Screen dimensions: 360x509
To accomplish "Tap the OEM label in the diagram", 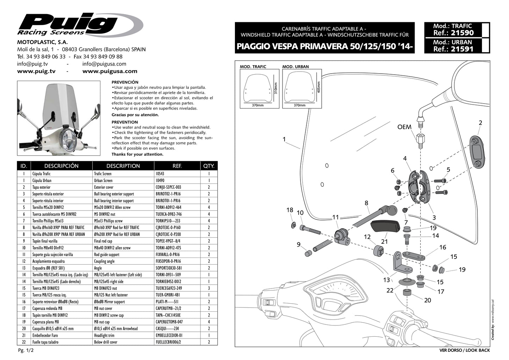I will (x=404, y=127).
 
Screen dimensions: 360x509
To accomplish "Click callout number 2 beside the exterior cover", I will (x=480, y=123).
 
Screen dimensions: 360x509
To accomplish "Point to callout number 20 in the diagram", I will (x=427, y=300).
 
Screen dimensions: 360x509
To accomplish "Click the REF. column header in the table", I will (x=177, y=166).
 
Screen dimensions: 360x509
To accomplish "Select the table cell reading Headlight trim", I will (x=104, y=335).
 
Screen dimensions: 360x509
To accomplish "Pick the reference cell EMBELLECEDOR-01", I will (x=169, y=335).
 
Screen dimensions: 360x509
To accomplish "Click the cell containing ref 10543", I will (x=160, y=174).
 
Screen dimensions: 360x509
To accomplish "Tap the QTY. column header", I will (x=209, y=166).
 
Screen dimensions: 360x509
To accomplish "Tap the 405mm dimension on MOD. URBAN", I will (x=319, y=86).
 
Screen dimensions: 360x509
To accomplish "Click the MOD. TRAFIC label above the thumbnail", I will (x=253, y=67).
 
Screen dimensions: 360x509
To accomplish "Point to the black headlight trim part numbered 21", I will (x=385, y=225).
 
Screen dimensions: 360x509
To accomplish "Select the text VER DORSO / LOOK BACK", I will (x=464, y=350).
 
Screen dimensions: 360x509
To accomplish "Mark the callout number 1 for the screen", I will (x=284, y=139).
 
